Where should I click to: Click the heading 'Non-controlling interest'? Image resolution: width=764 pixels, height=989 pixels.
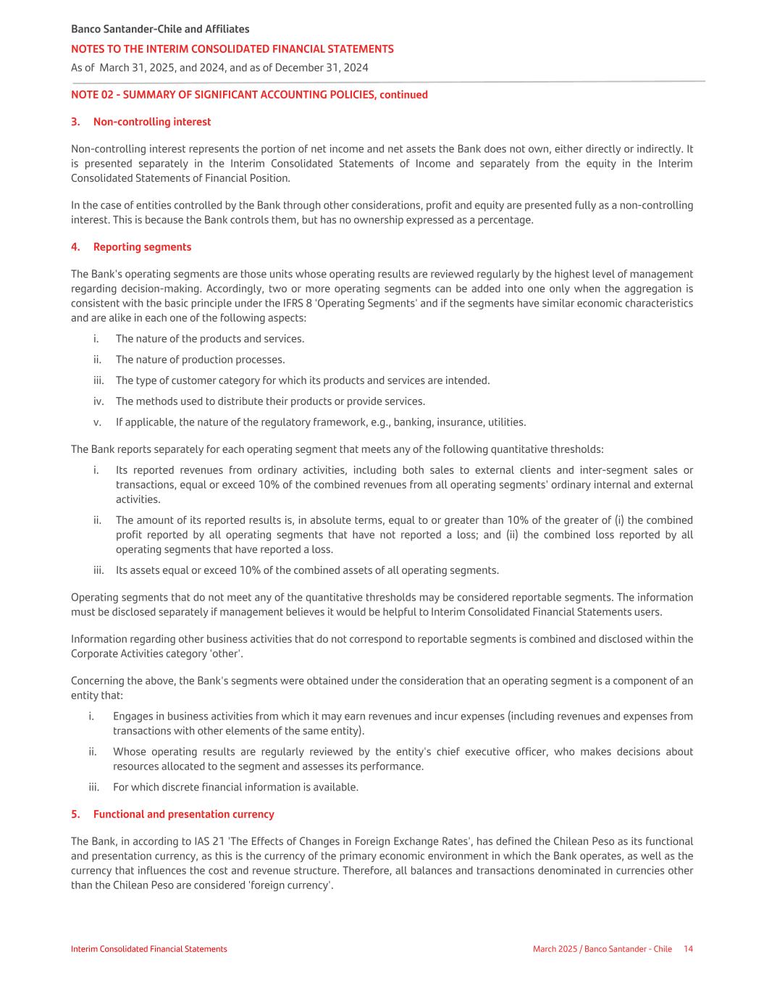point(152,122)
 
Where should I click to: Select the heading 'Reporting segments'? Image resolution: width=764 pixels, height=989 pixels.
point(142,247)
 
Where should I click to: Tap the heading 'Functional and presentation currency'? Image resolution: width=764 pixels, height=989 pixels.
point(183,814)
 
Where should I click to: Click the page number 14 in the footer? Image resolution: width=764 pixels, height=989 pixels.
point(688,949)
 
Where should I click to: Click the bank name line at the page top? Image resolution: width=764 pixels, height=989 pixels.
point(160,29)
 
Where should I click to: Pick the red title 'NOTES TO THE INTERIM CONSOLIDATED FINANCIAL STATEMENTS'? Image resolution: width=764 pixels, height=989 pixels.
point(232,49)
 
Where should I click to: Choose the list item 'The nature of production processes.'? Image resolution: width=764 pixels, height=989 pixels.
point(200,360)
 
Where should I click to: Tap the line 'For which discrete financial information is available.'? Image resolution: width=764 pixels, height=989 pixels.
point(235,788)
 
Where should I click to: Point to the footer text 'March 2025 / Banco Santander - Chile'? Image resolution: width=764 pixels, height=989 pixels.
point(603,949)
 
